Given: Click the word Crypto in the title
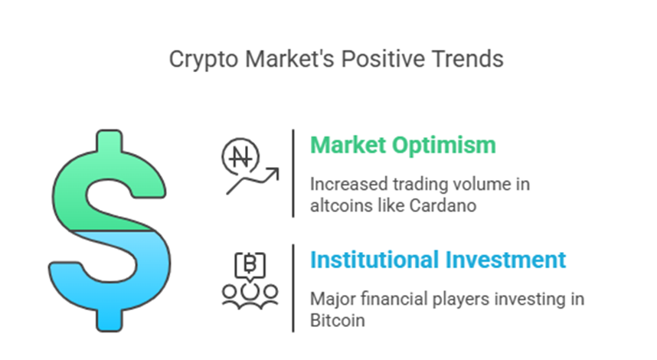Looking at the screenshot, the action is click(204, 60).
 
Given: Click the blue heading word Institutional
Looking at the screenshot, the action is click(374, 260).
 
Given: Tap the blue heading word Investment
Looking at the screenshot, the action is click(505, 260).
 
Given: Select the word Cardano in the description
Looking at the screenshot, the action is click(443, 206).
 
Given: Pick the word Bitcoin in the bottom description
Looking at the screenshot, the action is click(337, 321).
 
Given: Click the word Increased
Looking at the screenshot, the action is click(348, 185).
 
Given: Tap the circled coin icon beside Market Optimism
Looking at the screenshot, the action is click(240, 157).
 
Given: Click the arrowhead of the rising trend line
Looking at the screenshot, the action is click(274, 172).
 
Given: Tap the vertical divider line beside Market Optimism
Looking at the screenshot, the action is click(293, 174).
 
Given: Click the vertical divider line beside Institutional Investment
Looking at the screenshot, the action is click(293, 288).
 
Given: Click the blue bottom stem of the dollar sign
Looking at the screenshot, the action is click(109, 320).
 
